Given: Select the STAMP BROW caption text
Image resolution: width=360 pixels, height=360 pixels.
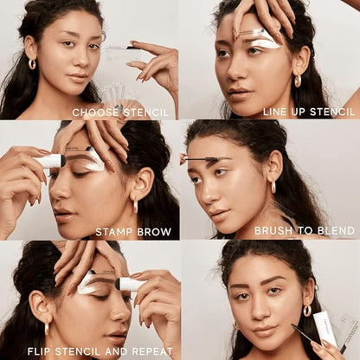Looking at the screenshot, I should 133,231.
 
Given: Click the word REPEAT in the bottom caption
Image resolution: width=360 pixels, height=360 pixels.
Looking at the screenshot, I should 151,350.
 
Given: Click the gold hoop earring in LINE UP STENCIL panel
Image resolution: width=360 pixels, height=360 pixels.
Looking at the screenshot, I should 297,80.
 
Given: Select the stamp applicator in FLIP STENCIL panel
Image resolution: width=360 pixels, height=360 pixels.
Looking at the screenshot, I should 132,284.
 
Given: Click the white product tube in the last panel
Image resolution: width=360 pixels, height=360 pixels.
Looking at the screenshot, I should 325,328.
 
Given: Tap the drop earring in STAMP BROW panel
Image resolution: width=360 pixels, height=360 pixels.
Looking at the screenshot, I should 134,204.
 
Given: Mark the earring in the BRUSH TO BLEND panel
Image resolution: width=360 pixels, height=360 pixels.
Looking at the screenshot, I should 273,185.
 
